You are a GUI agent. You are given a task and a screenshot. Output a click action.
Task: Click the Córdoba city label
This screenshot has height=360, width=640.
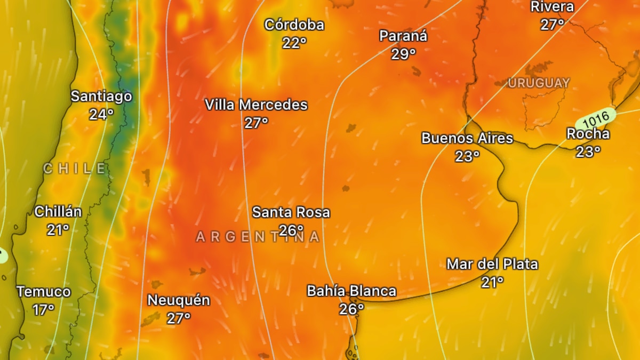pos(294,25)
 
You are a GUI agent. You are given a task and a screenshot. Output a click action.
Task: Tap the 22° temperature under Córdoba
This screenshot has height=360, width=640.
pos(294,43)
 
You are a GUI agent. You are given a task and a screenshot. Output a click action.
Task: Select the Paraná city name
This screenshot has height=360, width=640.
pos(403,36)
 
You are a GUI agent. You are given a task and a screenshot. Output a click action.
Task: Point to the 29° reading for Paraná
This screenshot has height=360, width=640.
pos(403,54)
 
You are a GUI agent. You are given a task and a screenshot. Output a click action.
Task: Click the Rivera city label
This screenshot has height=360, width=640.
pos(552,7)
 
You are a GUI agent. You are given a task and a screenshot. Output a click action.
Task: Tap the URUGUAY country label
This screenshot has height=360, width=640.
pos(539,83)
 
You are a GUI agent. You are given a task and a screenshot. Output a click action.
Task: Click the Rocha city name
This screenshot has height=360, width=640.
pos(588,134)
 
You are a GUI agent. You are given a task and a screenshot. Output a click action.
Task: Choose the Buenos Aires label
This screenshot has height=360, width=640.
pos(467,138)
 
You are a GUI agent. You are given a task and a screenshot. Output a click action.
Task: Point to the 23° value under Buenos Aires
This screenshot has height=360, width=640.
pos(467,156)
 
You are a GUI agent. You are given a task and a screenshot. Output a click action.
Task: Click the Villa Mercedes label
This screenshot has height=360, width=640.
pos(256,105)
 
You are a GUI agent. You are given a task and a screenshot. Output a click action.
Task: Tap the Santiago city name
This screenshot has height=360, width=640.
pos(101,97)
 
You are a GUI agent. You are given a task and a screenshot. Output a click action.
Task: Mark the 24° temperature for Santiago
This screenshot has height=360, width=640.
pos(101,114)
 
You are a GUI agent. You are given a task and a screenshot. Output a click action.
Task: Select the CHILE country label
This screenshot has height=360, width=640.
pos(75,169)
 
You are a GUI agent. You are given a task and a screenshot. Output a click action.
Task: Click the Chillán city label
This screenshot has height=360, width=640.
pos(58,212)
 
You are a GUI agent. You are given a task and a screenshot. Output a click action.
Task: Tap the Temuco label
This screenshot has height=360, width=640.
pos(44,292)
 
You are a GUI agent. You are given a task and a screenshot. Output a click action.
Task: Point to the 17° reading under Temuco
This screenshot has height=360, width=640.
pos(44,309)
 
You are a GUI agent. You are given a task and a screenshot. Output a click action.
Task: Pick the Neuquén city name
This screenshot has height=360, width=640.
pos(179,300)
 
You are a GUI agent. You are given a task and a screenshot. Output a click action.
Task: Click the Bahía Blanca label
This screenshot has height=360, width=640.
pos(351,291)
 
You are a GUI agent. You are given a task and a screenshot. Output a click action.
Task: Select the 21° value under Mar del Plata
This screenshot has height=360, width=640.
pos(492,282)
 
